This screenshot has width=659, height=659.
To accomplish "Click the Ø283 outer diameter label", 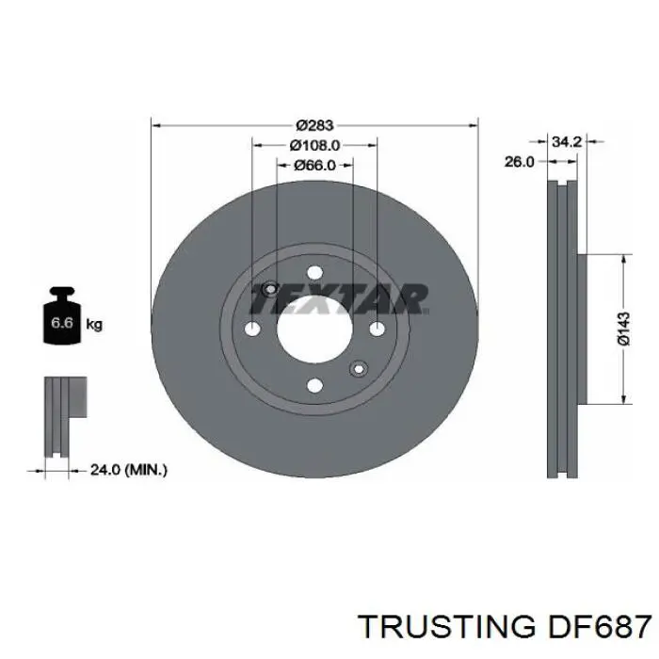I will pos(315,124).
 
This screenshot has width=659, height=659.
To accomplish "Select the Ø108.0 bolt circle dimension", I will pos(314,145).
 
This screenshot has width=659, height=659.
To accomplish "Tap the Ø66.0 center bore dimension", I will pos(314,165).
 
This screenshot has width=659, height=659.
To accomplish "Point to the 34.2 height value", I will pos(566,142).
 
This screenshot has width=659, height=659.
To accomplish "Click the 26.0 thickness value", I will pos(519,162).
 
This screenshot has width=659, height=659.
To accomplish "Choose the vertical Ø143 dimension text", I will pos(623,329).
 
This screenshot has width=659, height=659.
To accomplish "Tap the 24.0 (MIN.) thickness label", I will pos(129,468).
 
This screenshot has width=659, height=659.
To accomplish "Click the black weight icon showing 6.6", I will pos(59,319).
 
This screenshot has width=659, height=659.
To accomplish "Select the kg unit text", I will pos(94,325).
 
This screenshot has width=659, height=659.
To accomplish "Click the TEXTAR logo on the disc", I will pos(339,299).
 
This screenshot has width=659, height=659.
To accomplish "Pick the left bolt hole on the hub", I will pos(252,329).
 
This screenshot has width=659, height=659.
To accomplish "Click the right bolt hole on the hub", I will pos(377,329).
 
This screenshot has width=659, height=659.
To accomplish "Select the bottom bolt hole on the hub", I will pos(314,384).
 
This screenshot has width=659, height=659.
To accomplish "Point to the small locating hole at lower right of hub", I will pos(358,368).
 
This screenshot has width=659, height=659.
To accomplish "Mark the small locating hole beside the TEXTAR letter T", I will pos(270,289).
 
